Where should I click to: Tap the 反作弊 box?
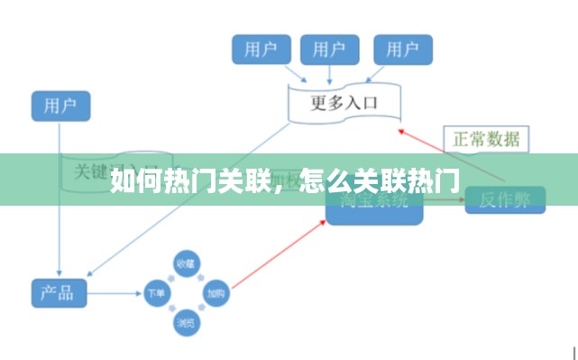click(x=504, y=200)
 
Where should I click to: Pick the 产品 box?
click(x=59, y=293)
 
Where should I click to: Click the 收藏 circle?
click(x=185, y=263)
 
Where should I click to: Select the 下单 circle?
click(x=155, y=293)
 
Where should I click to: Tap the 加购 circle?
click(x=215, y=293)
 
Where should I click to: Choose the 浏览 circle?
click(x=185, y=322)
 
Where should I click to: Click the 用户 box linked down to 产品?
click(x=60, y=105)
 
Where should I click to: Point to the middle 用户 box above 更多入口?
click(x=329, y=49)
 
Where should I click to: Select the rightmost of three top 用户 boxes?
click(x=402, y=49)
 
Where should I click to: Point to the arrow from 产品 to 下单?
click(x=115, y=293)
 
